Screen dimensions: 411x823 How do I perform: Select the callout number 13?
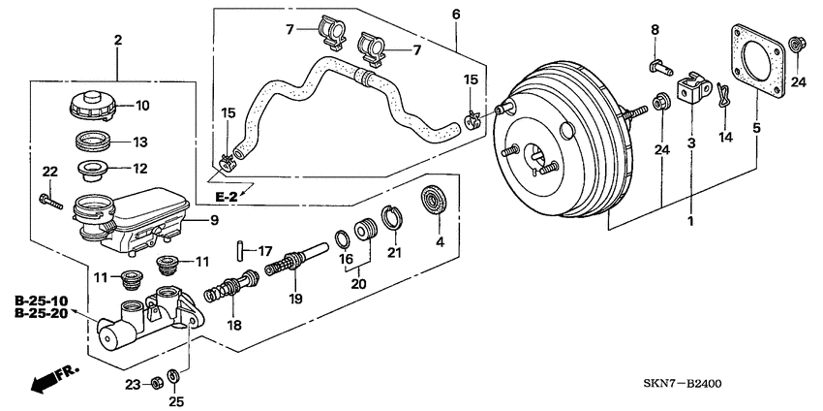(139, 142)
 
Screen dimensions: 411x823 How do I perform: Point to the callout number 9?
(215, 219)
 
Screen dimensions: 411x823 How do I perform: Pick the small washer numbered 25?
(172, 377)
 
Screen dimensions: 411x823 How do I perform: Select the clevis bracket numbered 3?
(691, 90)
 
